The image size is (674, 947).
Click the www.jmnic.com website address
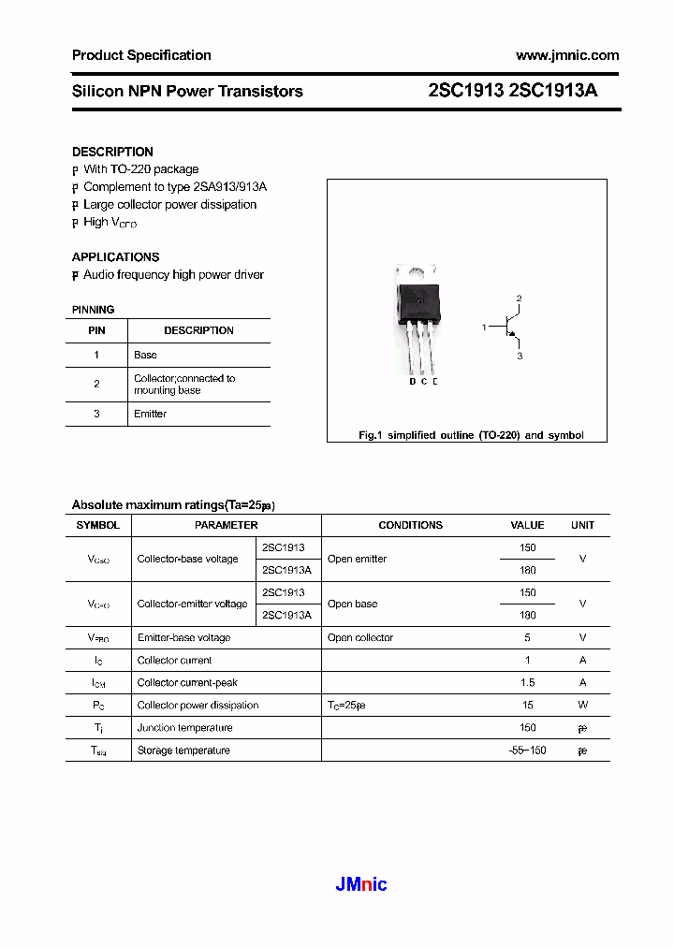tap(567, 55)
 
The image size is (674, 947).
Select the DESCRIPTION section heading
tap(112, 152)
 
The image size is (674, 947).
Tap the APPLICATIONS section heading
tap(115, 256)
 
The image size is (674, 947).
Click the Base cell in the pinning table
tap(145, 355)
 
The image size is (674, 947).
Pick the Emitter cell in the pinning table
tap(150, 414)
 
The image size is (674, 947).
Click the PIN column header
tap(96, 330)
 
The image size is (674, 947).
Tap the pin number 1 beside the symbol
tap(484, 328)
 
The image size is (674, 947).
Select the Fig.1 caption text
tap(471, 435)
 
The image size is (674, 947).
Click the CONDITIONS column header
tap(410, 525)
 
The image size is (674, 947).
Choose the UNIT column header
tap(582, 525)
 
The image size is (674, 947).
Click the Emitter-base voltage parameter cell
tap(183, 637)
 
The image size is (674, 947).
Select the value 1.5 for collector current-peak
tap(527, 682)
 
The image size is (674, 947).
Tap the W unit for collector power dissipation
tap(582, 705)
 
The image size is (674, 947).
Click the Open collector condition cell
tap(360, 637)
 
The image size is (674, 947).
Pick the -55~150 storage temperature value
tap(527, 750)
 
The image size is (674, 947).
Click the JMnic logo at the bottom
tap(360, 884)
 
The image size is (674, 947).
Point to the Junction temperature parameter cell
tap(184, 727)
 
